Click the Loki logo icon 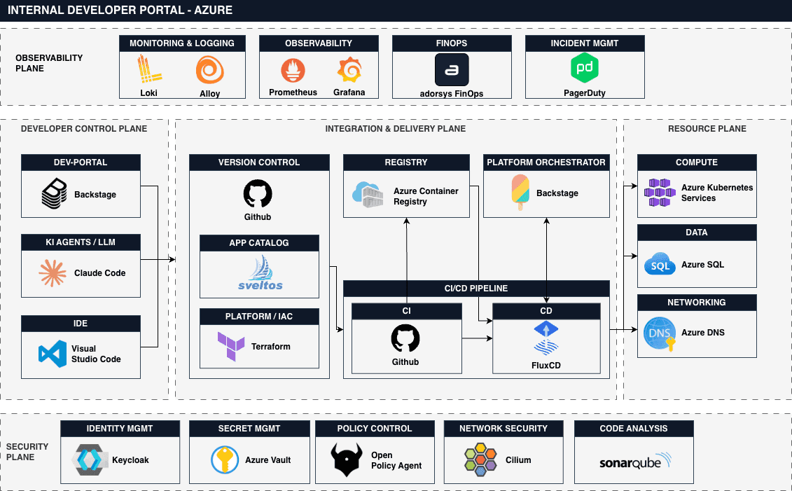pos(149,70)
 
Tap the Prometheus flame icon pos(293,71)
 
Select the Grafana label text pos(349,92)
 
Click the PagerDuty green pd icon pos(584,69)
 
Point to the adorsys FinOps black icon pos(452,70)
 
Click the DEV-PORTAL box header pos(81,162)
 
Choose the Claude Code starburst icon pos(53,273)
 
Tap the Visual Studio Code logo pos(53,354)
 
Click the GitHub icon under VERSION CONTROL pos(258,194)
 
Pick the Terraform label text pos(271,347)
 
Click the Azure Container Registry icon pos(368,195)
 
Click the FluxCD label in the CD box pos(546,365)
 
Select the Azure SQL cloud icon pos(658,265)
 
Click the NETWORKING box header pos(697,303)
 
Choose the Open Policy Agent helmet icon pos(347,459)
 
